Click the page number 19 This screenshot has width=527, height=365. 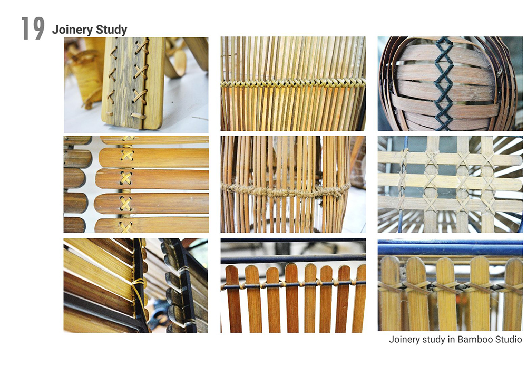click(x=33, y=28)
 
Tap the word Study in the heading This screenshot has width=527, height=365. click(x=111, y=30)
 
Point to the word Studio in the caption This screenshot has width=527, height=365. click(x=507, y=339)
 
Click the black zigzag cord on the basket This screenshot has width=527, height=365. click(x=443, y=83)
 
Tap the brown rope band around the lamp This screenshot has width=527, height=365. click(x=286, y=191)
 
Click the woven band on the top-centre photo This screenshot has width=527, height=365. click(x=292, y=82)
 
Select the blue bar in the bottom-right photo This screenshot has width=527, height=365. click(x=450, y=249)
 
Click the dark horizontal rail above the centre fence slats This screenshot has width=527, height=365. click(x=293, y=258)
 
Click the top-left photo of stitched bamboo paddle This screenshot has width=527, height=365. click(x=136, y=85)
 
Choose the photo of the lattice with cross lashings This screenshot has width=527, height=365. click(x=450, y=185)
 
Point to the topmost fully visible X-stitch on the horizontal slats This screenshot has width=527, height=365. click(x=126, y=155)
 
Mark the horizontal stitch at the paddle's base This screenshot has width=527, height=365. click(x=139, y=117)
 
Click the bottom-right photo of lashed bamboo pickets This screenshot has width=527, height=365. click(x=450, y=285)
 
